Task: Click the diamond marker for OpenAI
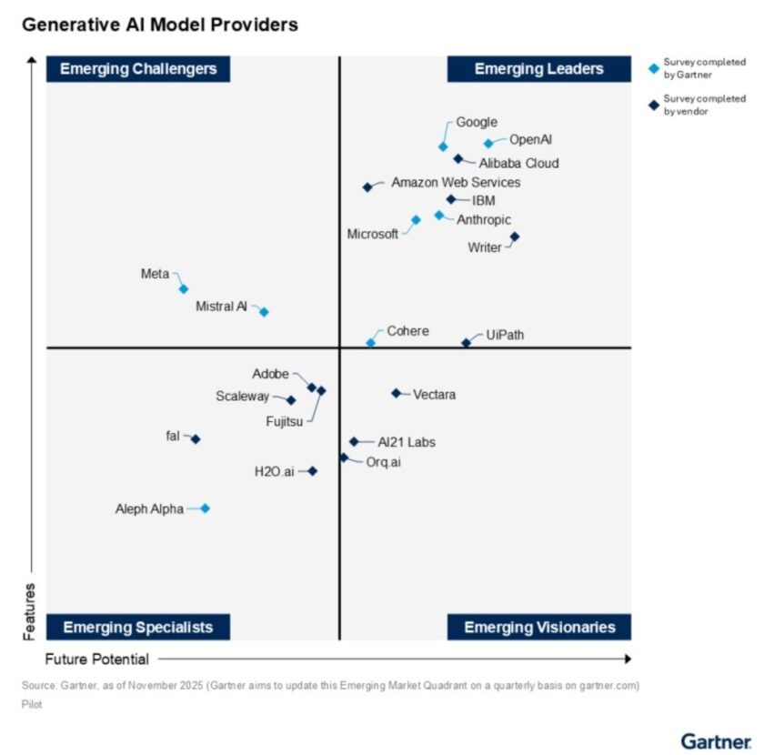(x=488, y=143)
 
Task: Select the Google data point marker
(x=443, y=146)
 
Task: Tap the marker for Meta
(x=183, y=289)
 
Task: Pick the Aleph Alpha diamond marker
(x=205, y=508)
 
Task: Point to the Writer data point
(x=514, y=237)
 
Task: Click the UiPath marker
(x=466, y=343)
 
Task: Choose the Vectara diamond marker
(x=396, y=393)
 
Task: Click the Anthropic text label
(x=483, y=219)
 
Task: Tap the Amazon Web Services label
(x=456, y=182)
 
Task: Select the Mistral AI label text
(x=221, y=307)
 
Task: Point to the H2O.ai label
(x=275, y=471)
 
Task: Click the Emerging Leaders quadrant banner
(x=538, y=69)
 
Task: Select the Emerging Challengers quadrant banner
(x=138, y=69)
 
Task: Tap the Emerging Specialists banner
(x=138, y=627)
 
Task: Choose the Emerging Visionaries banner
(x=539, y=627)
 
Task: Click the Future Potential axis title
(x=97, y=659)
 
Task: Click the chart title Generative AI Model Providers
(x=160, y=25)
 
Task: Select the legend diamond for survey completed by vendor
(x=653, y=105)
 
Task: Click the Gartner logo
(x=716, y=740)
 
